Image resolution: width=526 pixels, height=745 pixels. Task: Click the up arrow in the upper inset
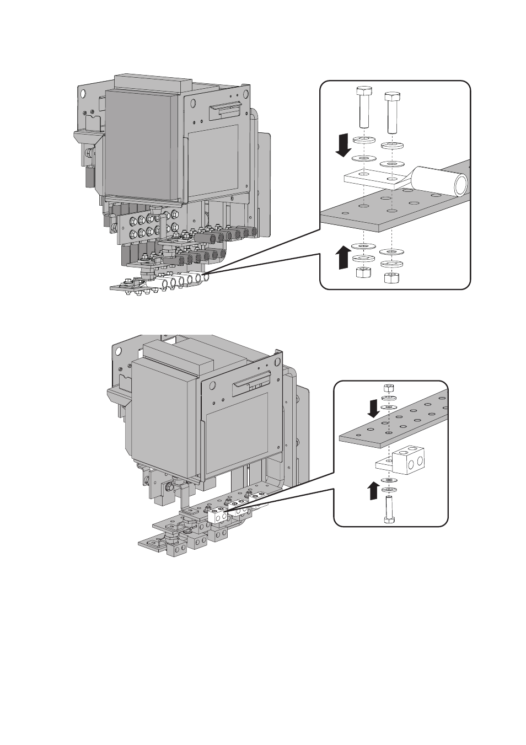pyautogui.click(x=343, y=257)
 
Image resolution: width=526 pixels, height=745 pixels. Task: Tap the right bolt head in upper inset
pyautogui.click(x=391, y=95)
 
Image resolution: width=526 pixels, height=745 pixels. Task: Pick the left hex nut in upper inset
pyautogui.click(x=363, y=272)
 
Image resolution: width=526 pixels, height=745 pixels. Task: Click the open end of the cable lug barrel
pyautogui.click(x=460, y=184)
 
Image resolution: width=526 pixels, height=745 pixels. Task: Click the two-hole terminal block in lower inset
pyautogui.click(x=408, y=462)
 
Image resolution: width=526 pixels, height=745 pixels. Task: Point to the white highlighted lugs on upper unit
pyautogui.click(x=182, y=280)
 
